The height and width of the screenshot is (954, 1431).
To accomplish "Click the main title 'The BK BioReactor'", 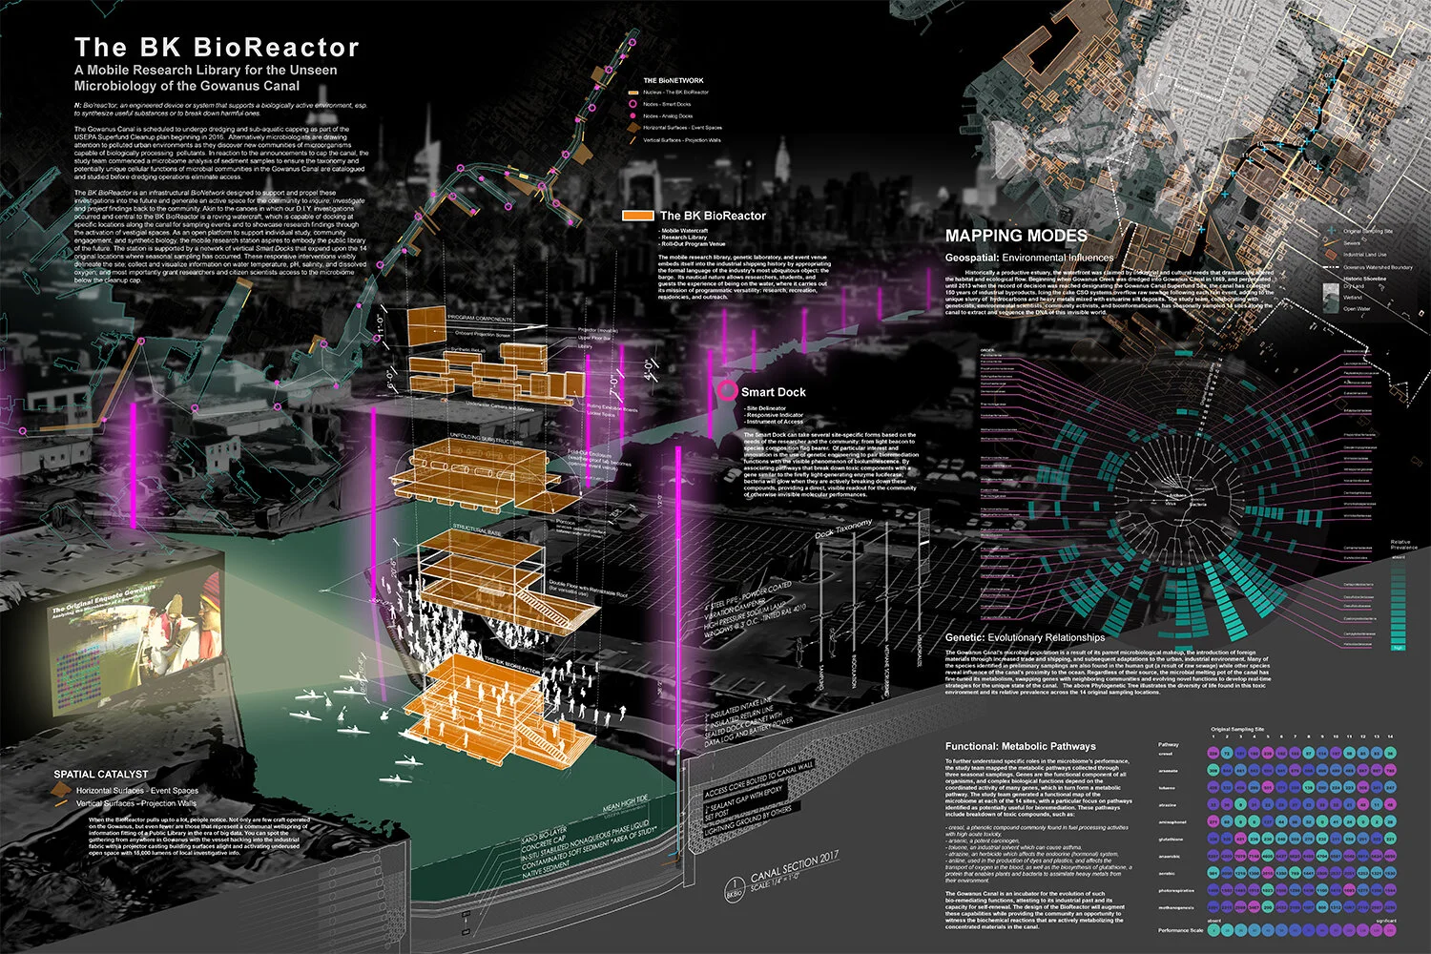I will [217, 48].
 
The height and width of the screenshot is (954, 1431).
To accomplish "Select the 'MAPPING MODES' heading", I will [1016, 236].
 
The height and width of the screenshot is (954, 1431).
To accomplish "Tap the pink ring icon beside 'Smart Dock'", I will [728, 391].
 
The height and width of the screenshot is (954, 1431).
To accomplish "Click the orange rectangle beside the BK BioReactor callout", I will [638, 216].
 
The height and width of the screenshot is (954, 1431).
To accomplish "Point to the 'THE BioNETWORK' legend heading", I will [674, 80].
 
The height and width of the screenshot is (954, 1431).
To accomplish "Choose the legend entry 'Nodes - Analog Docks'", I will [667, 115].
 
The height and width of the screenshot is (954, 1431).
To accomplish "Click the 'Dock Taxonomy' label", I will [843, 529].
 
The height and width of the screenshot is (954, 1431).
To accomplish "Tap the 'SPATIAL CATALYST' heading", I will [101, 774].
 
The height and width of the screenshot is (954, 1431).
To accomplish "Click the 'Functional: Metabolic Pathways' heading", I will [1021, 746].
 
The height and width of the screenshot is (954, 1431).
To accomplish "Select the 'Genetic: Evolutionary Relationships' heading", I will [1025, 637].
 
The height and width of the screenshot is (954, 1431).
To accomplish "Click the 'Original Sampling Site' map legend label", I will [1368, 231].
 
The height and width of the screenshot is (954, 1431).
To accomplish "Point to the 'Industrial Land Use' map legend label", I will [1365, 255].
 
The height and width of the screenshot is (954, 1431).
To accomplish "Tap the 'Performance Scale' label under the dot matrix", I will [1180, 930].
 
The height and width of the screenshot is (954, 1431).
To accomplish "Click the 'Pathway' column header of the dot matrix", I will [1169, 744].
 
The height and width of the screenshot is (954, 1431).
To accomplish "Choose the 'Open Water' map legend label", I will [1357, 309].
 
